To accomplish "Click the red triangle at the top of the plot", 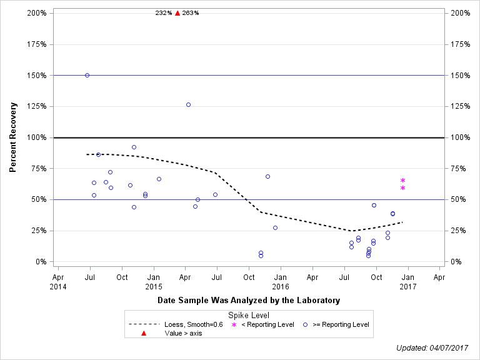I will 177,13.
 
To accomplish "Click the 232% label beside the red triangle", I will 164,13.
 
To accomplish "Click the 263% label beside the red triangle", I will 191,13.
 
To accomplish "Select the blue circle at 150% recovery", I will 87,75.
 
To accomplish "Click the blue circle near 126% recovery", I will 188,104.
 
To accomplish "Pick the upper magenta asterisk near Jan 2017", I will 402,180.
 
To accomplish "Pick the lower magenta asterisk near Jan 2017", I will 402,187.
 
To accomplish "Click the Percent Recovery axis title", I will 12,137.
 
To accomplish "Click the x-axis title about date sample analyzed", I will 249,301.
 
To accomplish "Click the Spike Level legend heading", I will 249,316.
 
